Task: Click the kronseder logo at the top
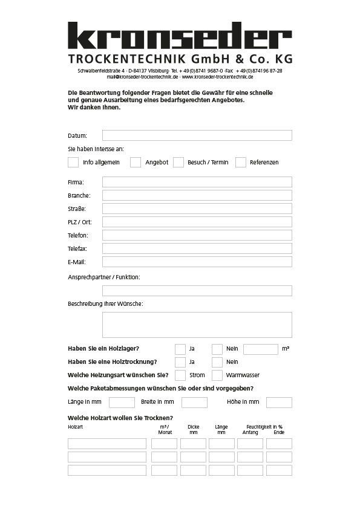click(x=180, y=37)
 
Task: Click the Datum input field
click(x=197, y=135)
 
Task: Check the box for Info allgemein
click(x=73, y=162)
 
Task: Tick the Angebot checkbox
click(x=136, y=162)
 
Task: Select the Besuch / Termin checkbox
click(x=178, y=162)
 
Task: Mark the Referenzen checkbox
click(x=241, y=162)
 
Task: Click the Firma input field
click(x=197, y=182)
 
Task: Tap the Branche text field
click(x=197, y=195)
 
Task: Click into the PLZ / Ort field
click(x=197, y=222)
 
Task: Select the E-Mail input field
click(x=197, y=262)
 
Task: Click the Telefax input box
click(x=197, y=248)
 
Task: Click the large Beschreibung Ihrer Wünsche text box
click(x=197, y=325)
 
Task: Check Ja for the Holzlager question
click(x=180, y=349)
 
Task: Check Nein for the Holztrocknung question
click(x=217, y=362)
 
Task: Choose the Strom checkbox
click(x=180, y=375)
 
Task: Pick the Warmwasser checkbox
click(x=217, y=375)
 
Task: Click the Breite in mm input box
click(x=194, y=402)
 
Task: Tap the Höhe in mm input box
click(x=279, y=402)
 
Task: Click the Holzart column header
click(x=76, y=427)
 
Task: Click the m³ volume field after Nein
click(x=260, y=349)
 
